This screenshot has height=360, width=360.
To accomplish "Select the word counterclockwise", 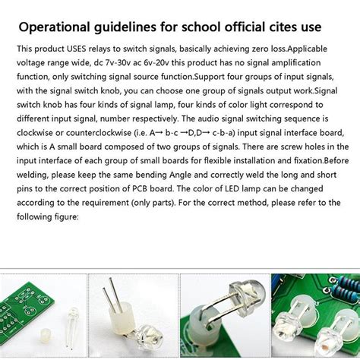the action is pyautogui.click(x=92, y=132).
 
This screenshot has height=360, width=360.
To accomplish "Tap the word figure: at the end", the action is pyautogui.click(x=58, y=215).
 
